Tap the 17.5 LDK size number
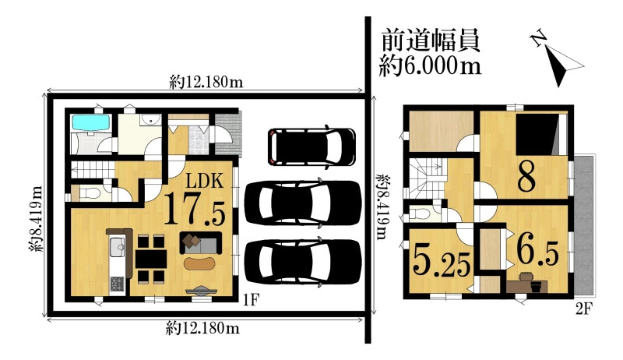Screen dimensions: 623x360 click(194, 209)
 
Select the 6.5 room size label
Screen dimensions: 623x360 click(537, 251)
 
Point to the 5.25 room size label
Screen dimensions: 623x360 click(442, 259)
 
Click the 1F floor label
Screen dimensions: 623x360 click(251, 300)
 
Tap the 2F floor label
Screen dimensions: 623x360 click(584, 309)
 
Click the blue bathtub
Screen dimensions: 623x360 click(90, 122)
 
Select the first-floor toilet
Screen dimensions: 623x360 click(90, 193)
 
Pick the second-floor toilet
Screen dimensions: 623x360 click(420, 214)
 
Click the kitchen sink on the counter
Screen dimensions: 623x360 click(118, 247)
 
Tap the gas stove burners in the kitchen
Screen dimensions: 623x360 click(117, 284)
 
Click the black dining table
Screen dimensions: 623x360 click(151, 259)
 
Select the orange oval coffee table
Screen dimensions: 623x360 click(199, 263)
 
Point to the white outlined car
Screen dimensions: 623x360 click(311, 146)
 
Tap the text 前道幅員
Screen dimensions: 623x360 click(431, 41)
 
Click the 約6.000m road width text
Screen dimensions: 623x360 click(430, 65)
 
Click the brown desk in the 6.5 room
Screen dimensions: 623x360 click(527, 286)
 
